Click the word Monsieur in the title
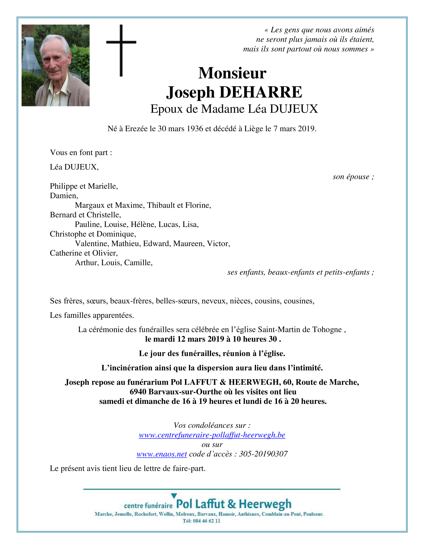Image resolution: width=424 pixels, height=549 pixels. pos(232,73)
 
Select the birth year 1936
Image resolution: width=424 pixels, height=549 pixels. pos(195,129)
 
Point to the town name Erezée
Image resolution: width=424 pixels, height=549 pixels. pos(136,129)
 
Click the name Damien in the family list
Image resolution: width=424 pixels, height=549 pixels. pos(63,196)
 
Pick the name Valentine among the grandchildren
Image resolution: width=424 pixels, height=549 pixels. pos(92,244)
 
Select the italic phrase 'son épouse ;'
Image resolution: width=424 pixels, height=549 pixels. pos(353,177)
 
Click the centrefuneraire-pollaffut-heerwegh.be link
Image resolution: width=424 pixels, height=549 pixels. pos(212,435)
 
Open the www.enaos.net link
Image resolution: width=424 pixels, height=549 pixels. pos(162,454)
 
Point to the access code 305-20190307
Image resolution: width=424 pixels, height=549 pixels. pos(263,454)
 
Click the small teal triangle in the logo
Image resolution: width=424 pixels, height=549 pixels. pos(174,496)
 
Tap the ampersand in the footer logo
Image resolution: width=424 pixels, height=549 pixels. pos(232,504)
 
